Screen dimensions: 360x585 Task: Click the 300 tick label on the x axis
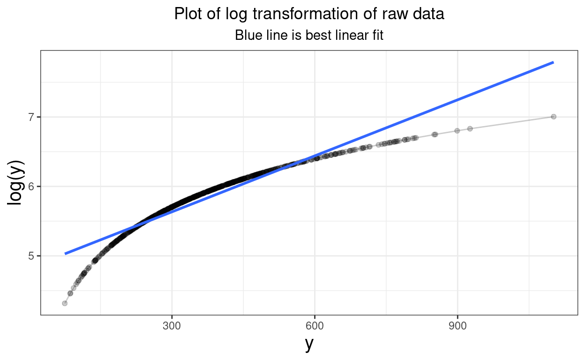(172, 326)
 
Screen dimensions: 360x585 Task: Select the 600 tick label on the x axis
(315, 326)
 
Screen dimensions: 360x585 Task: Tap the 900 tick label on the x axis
(457, 326)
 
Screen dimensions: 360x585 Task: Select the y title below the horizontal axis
(308, 344)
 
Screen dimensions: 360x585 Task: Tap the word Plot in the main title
(187, 14)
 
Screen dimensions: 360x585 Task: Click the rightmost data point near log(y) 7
(553, 116)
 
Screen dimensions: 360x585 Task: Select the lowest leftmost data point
(65, 303)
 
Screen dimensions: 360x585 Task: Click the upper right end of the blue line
(553, 62)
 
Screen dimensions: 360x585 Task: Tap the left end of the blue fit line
(65, 254)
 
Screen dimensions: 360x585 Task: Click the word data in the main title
(427, 14)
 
